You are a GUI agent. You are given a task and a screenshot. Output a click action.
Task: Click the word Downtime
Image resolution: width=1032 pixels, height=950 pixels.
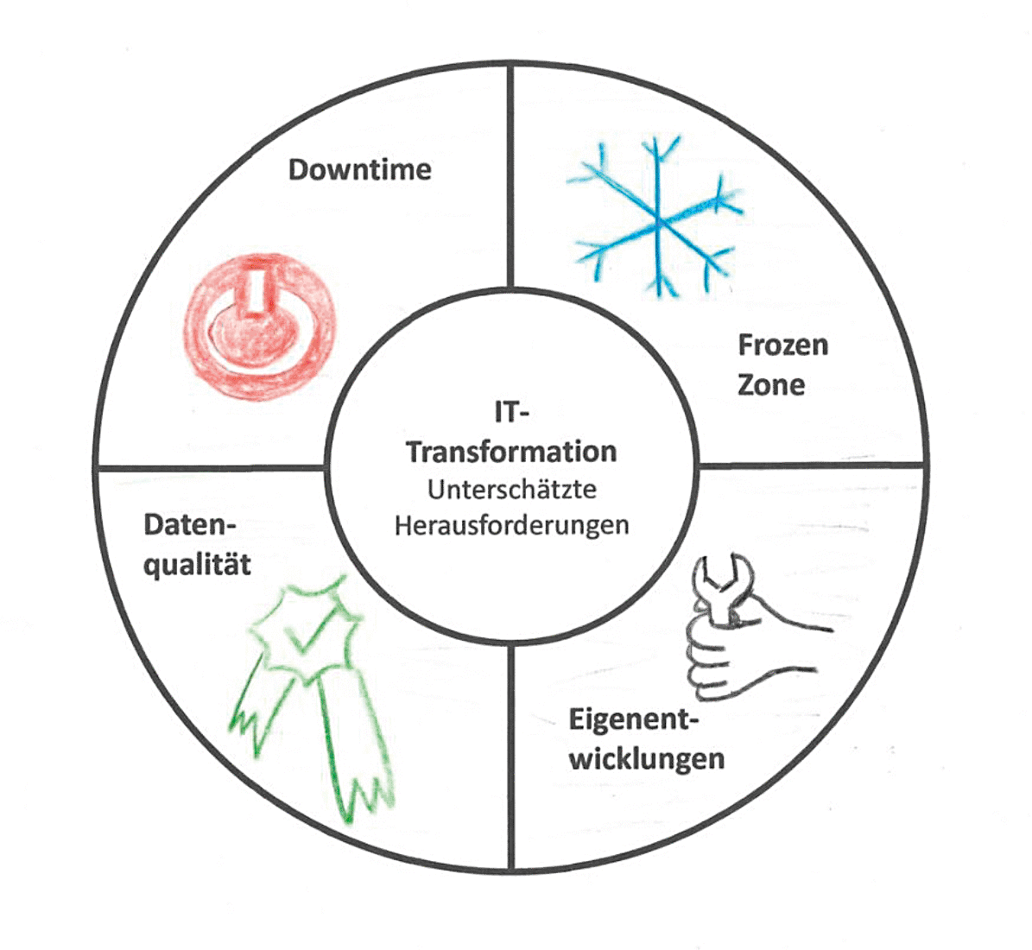360,170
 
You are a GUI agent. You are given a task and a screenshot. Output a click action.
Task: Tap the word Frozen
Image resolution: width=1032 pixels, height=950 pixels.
782,345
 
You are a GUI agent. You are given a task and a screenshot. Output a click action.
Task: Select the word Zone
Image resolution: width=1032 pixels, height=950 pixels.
770,385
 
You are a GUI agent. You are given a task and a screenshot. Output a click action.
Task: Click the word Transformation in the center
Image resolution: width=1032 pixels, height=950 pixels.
511,453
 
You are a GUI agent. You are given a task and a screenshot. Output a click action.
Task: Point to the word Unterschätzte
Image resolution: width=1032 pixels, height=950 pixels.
512,489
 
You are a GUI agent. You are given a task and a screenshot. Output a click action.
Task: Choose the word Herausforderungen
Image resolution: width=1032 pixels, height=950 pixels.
511,526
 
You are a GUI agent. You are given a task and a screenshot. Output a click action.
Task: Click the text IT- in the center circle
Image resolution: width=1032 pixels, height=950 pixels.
511,413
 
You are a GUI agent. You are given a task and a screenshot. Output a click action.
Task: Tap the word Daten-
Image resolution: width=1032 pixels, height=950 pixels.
189,525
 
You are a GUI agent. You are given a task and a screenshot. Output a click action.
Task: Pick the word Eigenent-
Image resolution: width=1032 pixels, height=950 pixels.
633,719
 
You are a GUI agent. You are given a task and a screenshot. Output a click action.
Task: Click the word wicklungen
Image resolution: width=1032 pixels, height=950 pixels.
646,759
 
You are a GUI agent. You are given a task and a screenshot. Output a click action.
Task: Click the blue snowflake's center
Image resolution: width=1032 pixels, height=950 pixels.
657,222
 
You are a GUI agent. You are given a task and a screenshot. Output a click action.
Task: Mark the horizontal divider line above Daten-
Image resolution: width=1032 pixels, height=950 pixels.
211,467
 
